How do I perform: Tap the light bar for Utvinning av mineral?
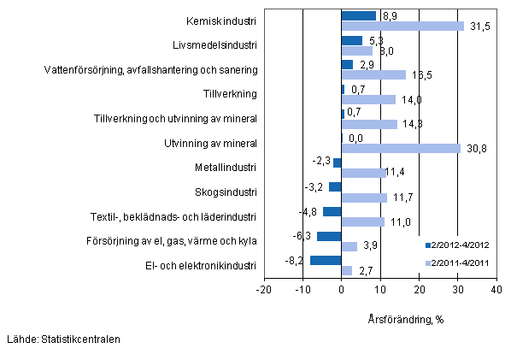click(x=401, y=149)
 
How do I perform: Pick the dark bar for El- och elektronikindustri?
click(x=326, y=261)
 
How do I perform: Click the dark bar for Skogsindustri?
click(x=335, y=186)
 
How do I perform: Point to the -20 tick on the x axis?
click(x=264, y=291)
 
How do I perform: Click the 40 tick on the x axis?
click(x=496, y=291)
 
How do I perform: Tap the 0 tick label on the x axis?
click(x=342, y=291)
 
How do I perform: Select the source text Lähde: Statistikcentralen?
click(x=62, y=339)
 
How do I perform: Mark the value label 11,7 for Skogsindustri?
click(x=401, y=198)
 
